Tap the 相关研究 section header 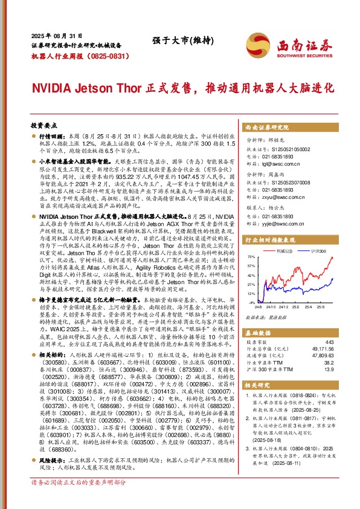coord(259,384)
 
